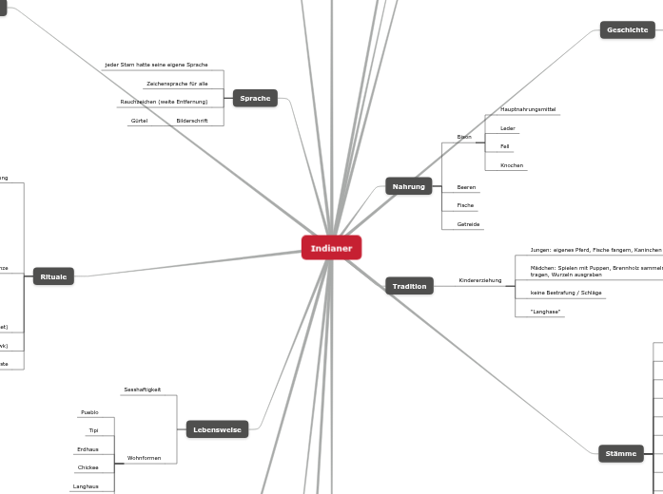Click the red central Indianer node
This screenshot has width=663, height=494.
click(x=331, y=248)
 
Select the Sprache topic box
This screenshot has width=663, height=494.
click(x=255, y=98)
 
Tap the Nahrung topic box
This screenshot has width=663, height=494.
click(x=409, y=186)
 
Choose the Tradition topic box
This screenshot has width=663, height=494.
click(x=409, y=286)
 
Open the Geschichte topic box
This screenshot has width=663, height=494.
click(x=627, y=29)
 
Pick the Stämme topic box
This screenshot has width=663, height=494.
click(x=621, y=453)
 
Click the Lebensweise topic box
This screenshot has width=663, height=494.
click(x=218, y=429)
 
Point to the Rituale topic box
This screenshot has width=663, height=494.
click(x=53, y=276)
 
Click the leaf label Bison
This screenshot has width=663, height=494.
click(x=464, y=137)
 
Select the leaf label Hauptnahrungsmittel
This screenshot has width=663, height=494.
click(x=528, y=110)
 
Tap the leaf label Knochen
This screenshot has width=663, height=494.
click(x=512, y=165)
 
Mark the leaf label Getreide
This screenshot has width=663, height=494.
click(x=468, y=224)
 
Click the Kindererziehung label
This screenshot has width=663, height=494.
click(x=479, y=281)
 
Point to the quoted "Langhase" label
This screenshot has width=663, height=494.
click(x=545, y=312)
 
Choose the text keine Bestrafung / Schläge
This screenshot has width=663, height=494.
click(x=566, y=294)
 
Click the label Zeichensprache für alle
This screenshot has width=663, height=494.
click(x=177, y=84)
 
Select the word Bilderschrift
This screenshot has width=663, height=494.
click(x=192, y=121)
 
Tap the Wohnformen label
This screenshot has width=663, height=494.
click(x=145, y=458)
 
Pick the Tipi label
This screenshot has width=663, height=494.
click(x=94, y=430)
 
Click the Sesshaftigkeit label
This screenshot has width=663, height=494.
click(x=143, y=389)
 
